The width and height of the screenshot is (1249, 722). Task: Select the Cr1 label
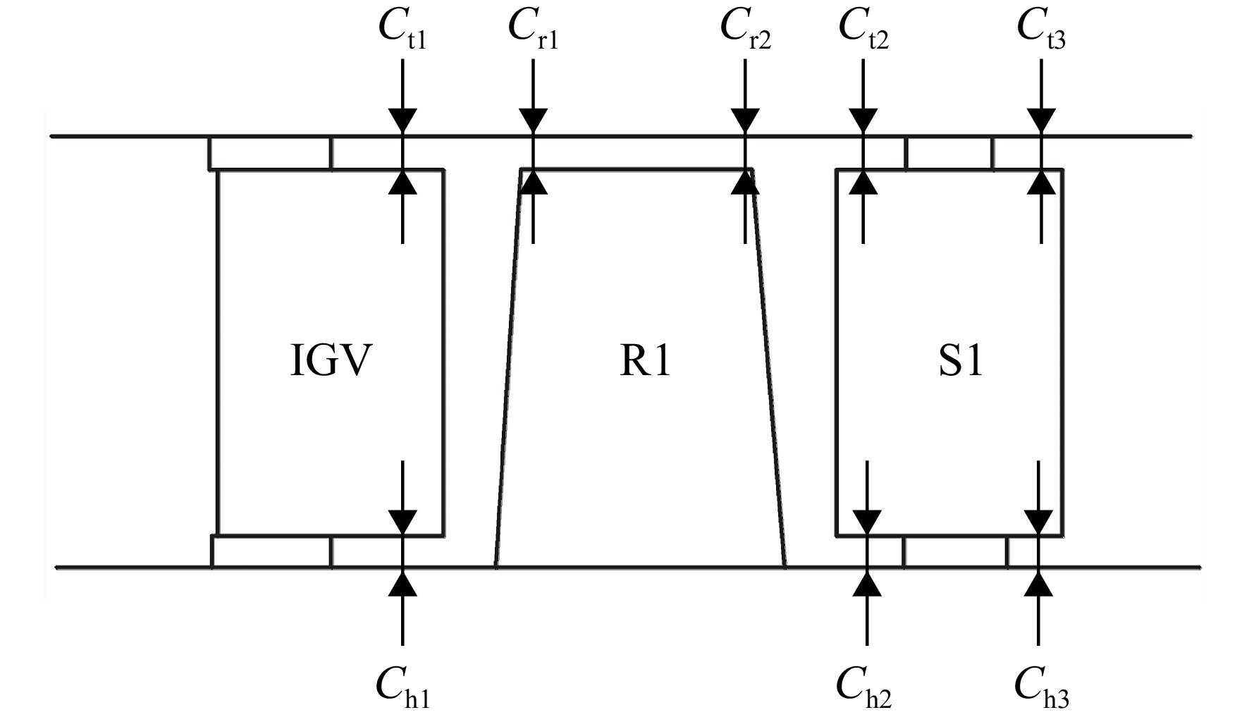click(x=533, y=30)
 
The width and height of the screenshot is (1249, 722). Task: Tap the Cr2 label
click(x=745, y=30)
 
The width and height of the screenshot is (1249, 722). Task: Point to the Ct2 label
click(x=863, y=30)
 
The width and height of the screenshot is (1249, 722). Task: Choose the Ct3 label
click(x=1041, y=30)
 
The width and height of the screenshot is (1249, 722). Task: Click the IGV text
click(x=331, y=361)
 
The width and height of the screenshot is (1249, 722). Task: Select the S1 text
click(x=961, y=361)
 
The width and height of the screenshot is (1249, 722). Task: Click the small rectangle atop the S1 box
click(x=949, y=153)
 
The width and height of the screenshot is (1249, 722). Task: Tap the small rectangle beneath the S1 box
click(x=956, y=551)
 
